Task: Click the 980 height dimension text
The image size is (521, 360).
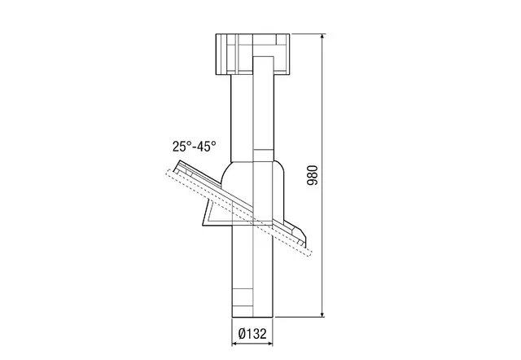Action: coord(313,175)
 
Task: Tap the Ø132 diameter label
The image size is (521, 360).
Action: coord(252,333)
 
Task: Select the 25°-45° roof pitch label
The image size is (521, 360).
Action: coord(194,147)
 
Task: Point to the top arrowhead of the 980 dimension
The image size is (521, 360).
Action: coord(322,37)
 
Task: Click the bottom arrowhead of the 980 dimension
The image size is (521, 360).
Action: coord(322,314)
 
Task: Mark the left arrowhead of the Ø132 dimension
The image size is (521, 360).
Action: coord(235,344)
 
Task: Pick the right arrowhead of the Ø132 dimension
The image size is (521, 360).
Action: coord(269,344)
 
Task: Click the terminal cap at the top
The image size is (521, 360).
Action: coord(252,55)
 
